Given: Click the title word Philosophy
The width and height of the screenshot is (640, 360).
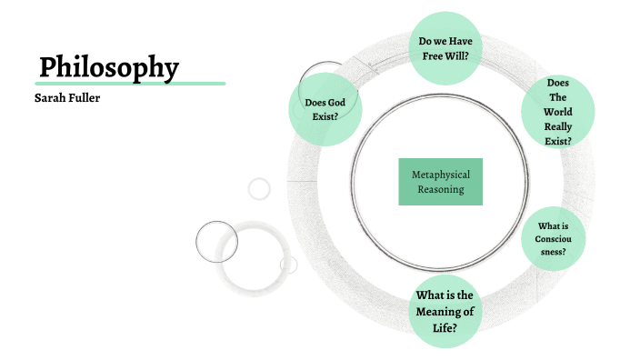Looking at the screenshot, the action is (109, 66).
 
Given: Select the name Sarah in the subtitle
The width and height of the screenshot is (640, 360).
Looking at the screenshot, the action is (49, 97).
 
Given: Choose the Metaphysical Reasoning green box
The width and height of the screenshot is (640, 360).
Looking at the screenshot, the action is (440, 181).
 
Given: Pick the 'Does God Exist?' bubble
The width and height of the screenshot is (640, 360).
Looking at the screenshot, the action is (325, 109).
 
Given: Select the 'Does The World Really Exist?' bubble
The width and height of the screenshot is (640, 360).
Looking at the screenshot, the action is (558, 113).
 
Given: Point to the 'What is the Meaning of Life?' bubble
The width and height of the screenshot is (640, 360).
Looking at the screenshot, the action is (445, 311).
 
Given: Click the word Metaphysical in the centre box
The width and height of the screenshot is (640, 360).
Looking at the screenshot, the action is (440, 174).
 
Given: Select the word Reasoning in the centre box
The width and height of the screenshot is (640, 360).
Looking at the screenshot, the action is (440, 189).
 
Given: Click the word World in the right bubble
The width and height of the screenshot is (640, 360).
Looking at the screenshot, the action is (558, 113).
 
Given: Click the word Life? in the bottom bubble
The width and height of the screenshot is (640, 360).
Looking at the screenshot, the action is (445, 326).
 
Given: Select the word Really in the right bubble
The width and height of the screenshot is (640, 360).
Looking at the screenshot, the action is (558, 127).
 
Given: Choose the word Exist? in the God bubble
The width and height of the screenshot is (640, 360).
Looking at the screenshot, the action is (325, 117).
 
